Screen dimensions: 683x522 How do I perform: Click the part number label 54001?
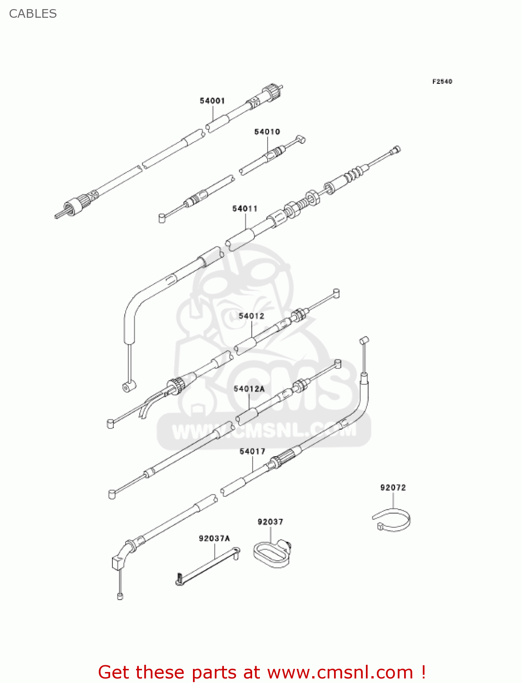click(212, 101)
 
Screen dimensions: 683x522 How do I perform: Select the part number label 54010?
click(267, 132)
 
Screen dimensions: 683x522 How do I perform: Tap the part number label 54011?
click(245, 209)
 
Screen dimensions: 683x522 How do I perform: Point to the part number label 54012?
click(251, 316)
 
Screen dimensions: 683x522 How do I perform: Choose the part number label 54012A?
click(249, 389)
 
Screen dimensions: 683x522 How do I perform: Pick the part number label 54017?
click(252, 451)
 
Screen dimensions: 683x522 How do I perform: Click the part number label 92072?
click(393, 488)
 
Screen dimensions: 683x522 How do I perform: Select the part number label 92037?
click(270, 522)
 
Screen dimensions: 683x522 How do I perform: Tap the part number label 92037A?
click(214, 539)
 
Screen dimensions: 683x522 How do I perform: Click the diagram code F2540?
click(442, 82)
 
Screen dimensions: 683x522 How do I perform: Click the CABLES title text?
click(33, 14)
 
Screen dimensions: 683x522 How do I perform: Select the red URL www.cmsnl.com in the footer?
click(340, 672)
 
